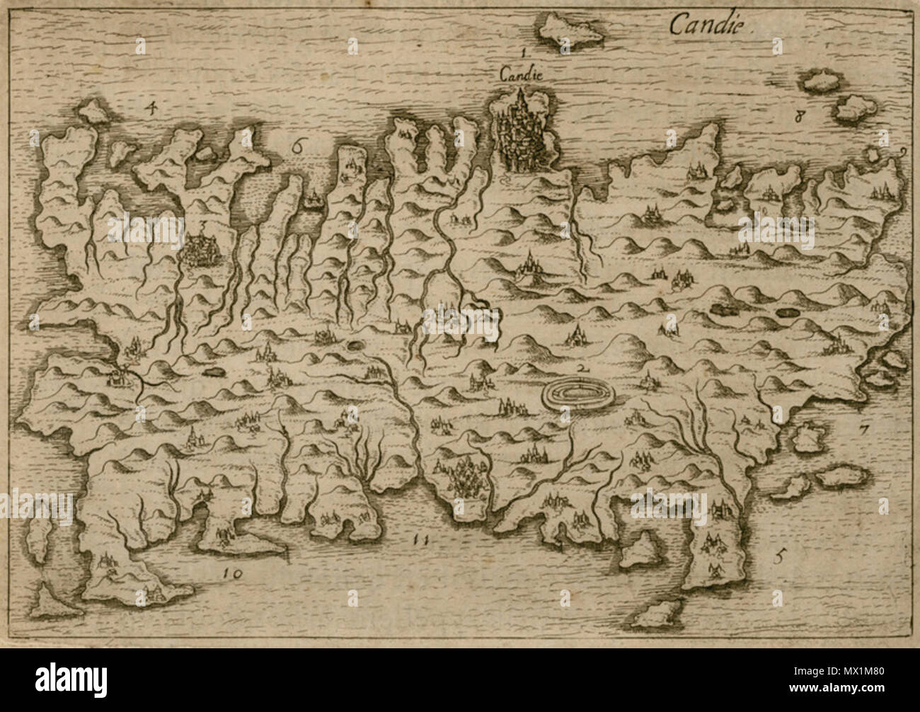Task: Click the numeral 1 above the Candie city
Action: click(522, 52)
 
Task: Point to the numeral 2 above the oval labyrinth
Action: click(582, 369)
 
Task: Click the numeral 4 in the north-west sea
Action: click(149, 108)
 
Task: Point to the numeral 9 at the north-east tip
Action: click(904, 151)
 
